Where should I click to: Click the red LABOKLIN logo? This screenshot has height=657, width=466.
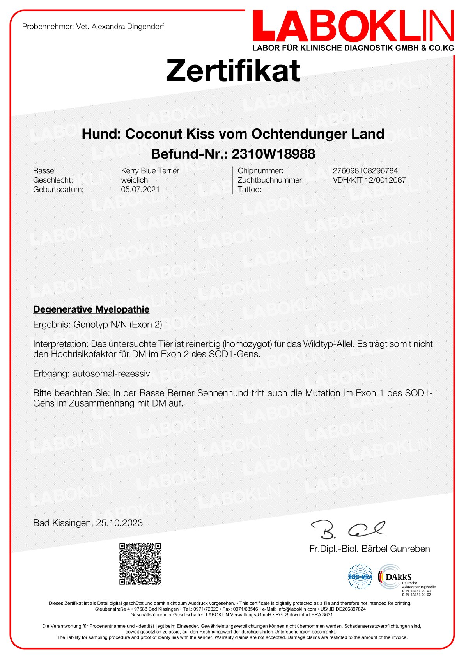[x=353, y=27]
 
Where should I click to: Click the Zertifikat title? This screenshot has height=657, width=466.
[x=233, y=71]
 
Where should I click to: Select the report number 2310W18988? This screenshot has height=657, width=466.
[x=273, y=154]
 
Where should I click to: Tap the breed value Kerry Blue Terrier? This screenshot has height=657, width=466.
[x=150, y=171]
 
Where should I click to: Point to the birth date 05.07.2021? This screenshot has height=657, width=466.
[x=140, y=190]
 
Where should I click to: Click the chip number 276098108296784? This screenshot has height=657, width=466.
[x=365, y=171]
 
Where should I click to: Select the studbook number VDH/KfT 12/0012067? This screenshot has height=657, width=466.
[x=369, y=180]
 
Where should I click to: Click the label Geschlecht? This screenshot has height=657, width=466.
[x=53, y=180]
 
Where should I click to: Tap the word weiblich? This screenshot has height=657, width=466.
[x=135, y=180]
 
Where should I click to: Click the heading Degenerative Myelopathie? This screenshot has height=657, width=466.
[x=91, y=309]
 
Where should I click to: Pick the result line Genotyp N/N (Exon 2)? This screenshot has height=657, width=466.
[x=117, y=324]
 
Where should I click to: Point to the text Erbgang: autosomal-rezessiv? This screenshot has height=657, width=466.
[x=92, y=373]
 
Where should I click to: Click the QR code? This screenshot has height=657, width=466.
[x=140, y=564]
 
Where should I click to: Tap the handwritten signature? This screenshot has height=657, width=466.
[x=347, y=529]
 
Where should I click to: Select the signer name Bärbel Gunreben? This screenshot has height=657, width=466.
[x=395, y=549]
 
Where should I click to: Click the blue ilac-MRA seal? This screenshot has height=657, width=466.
[x=360, y=577]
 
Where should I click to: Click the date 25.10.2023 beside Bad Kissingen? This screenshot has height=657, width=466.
[x=119, y=523]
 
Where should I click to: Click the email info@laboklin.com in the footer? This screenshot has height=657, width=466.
[x=297, y=609]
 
